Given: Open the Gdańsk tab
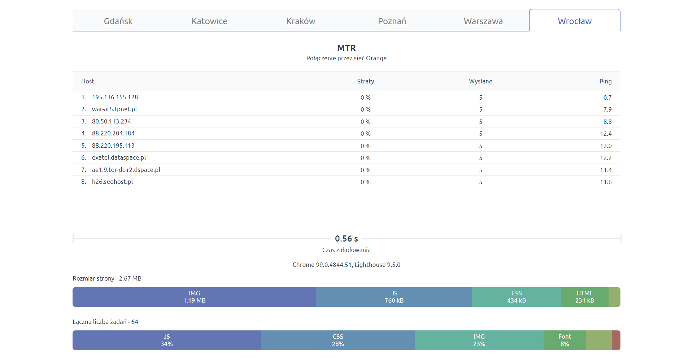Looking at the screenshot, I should (118, 21).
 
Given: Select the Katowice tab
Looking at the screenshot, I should (209, 21).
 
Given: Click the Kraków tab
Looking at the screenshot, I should (301, 21).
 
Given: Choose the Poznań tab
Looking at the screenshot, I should (392, 21).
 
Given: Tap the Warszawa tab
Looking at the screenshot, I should (483, 21).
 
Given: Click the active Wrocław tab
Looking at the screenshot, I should (575, 21).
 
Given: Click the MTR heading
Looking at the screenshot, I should (346, 48).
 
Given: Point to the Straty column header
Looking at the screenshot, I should (366, 82).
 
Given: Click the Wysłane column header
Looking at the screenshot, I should (480, 82).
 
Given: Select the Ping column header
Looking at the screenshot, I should (605, 82).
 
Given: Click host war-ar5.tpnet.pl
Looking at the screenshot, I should (114, 109).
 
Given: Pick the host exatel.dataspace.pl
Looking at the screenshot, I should (119, 158).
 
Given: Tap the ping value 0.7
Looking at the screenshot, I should (607, 97).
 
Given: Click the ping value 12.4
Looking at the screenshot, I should (606, 134).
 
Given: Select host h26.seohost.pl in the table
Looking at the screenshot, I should (112, 182).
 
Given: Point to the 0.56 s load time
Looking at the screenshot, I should (346, 239).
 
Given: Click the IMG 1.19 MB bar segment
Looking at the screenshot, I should (194, 297).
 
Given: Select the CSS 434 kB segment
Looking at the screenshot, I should (517, 297).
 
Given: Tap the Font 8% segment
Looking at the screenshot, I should (565, 341).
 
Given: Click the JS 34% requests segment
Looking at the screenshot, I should (167, 341).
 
